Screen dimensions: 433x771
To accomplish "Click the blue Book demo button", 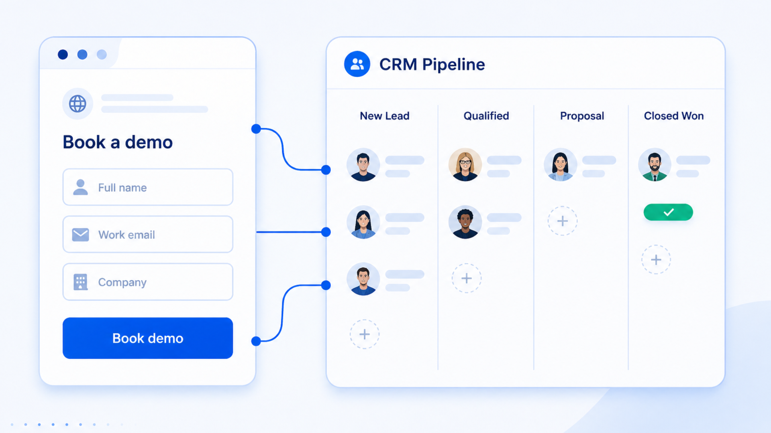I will point(147,338).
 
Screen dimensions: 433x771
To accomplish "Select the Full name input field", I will point(147,187).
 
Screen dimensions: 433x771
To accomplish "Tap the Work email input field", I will point(147,235).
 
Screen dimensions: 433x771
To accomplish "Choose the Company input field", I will point(147,282).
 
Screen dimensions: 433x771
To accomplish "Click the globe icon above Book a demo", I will point(78,104).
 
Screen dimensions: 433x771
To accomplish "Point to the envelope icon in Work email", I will point(80,235).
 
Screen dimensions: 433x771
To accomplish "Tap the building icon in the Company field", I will point(80,282).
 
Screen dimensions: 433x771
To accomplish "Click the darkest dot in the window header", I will point(63,55).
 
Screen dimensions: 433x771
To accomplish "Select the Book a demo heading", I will point(118,142).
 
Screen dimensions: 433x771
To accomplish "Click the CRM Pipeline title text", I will point(432,65).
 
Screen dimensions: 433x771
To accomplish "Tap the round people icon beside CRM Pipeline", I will point(357,64).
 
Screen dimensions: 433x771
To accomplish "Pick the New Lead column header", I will point(384,116).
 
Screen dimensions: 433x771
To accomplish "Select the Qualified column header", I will point(486,116).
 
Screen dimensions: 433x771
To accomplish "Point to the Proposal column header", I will point(582,116).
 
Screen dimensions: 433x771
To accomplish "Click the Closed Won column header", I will point(673,116).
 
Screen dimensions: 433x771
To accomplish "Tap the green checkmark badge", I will point(668,212).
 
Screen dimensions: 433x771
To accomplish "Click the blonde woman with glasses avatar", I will point(465,165).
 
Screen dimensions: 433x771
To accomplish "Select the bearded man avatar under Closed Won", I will point(655,165).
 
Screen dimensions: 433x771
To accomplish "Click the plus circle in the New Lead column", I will point(364,334).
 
